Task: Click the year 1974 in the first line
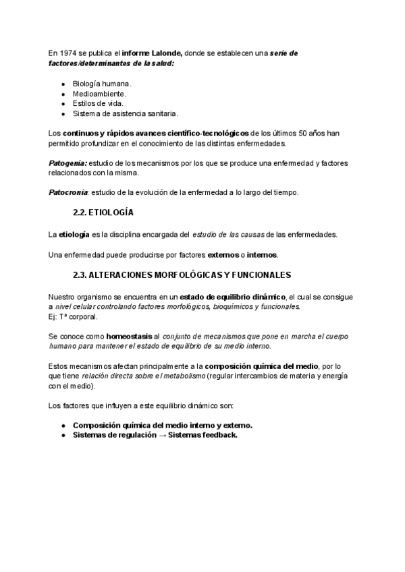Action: (66, 53)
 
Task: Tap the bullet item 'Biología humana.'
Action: (98, 84)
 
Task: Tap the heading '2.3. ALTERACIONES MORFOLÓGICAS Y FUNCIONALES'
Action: (182, 275)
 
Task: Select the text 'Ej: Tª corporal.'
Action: (74, 316)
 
